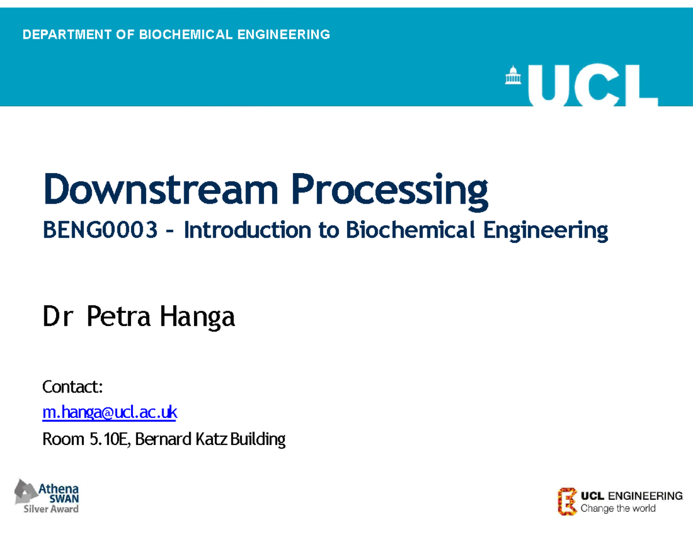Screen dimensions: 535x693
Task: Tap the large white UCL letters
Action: (591, 85)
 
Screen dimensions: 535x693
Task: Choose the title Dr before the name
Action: (56, 317)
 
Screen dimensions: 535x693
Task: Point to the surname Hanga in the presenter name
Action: (198, 317)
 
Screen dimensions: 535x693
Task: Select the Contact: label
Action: (73, 387)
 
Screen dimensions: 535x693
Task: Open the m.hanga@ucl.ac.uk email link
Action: (110, 413)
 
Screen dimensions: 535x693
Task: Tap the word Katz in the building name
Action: (209, 440)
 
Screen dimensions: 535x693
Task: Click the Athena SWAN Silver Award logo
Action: (47, 496)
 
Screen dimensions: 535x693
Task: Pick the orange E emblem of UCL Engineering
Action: (567, 501)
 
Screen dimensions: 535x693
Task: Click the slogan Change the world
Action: (618, 508)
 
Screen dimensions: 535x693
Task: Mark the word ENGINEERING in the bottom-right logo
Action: (646, 496)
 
